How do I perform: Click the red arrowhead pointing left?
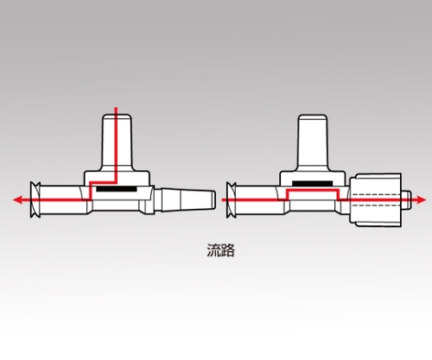pos(18,199)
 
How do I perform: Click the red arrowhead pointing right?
pos(421,199)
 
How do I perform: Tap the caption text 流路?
pos(221,250)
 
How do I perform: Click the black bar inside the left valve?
pos(117,189)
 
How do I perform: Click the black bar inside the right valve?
pos(313,183)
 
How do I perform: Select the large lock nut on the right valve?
pos(376,199)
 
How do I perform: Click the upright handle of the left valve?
pos(117,142)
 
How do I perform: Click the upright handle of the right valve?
pos(313,142)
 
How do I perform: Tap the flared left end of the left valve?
pos(35,199)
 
